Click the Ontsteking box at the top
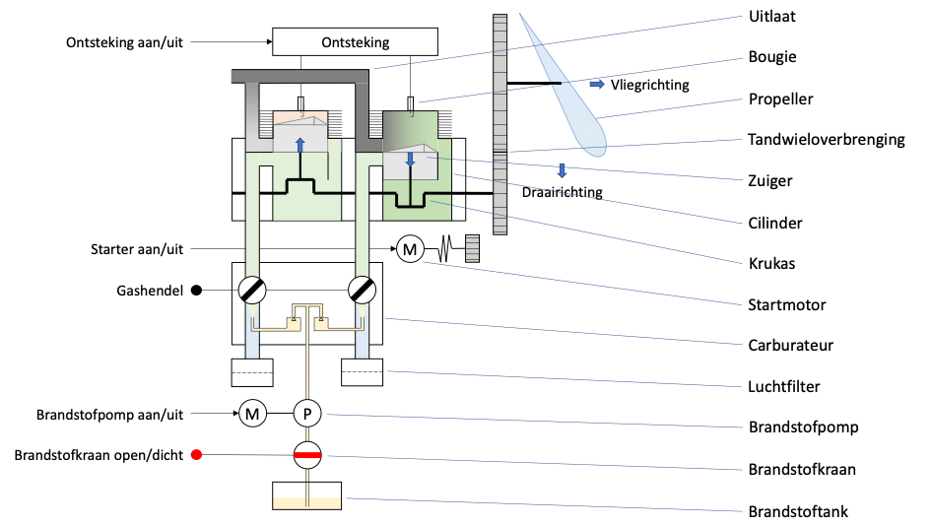click(355, 41)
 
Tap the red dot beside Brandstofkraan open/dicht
click(196, 455)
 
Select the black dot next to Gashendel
click(196, 291)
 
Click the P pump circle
click(307, 414)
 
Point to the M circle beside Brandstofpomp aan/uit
click(253, 414)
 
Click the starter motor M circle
click(410, 249)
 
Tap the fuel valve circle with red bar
click(307, 455)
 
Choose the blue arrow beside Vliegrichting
click(597, 85)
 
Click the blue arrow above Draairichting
click(562, 171)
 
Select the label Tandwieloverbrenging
click(826, 140)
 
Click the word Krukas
click(771, 263)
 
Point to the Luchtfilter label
click(784, 387)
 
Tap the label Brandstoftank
click(798, 511)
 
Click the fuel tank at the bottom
click(307, 495)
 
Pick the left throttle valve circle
click(252, 291)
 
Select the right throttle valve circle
click(363, 291)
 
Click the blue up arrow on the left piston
click(300, 145)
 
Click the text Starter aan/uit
click(137, 249)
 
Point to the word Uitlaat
click(771, 16)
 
